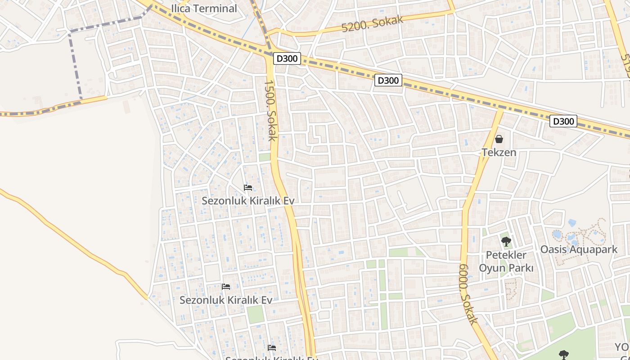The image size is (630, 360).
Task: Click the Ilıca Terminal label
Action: point(204,9)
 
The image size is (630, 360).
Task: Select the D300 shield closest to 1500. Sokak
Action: point(287,58)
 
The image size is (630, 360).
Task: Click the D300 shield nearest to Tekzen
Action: point(563,121)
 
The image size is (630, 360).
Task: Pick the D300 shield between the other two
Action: point(388,81)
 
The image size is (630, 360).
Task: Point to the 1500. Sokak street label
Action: point(270,110)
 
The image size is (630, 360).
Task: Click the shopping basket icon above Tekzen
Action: point(499,139)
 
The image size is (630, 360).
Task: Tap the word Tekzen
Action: point(499,152)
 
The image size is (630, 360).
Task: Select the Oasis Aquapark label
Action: point(579,249)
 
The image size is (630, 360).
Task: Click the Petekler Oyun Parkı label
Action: point(506,261)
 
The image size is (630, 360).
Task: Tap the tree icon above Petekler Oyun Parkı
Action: point(506,242)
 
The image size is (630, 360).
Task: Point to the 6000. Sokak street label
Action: point(468,293)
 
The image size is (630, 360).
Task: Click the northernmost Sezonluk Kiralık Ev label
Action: point(247,201)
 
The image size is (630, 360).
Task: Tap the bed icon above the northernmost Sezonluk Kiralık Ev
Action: point(247,188)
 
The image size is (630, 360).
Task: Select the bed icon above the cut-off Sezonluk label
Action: point(271,347)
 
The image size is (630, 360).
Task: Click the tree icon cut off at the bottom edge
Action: point(563,355)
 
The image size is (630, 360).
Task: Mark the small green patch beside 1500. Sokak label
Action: point(265,157)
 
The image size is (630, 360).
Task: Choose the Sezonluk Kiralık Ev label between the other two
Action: point(226,300)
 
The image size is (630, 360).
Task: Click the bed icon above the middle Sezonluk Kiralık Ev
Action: point(226,287)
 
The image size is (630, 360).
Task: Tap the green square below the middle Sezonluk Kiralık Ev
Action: point(255,314)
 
